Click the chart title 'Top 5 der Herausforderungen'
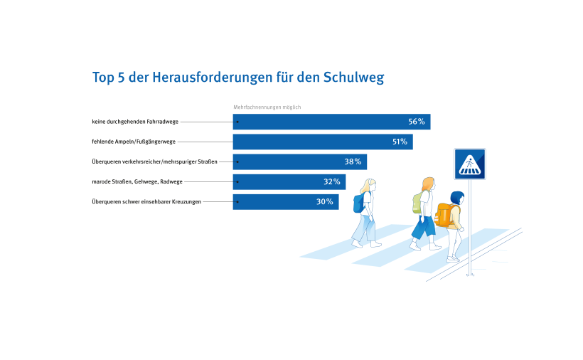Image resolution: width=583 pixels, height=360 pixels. point(238,78)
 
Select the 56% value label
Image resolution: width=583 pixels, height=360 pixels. point(416,122)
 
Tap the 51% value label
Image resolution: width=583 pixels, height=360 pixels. point(399,142)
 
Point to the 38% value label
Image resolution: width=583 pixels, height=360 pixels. point(353,162)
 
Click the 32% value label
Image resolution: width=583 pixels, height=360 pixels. point(331,181)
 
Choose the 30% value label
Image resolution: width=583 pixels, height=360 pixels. point(324,201)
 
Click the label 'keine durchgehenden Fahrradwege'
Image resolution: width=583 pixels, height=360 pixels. point(135,122)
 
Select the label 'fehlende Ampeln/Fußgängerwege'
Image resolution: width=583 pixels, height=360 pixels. point(134,142)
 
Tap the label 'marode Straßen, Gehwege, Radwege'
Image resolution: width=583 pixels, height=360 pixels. point(137,181)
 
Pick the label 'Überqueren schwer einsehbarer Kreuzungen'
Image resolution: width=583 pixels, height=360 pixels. point(146,201)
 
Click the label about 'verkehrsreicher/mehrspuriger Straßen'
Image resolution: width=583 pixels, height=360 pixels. point(154,162)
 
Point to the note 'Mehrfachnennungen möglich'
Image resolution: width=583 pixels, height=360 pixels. point(267,107)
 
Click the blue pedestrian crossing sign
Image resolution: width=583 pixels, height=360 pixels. point(469,164)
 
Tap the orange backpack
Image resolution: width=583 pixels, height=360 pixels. point(444,214)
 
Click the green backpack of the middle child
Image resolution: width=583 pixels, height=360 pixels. point(417,203)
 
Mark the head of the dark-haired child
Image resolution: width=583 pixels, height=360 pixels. point(457,197)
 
